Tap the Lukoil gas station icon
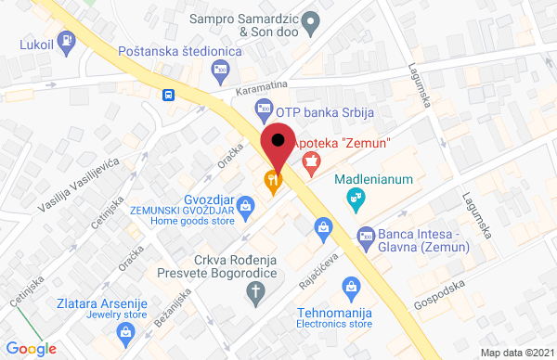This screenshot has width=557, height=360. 68,41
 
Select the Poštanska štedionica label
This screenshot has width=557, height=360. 180,52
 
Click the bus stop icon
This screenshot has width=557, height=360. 168,94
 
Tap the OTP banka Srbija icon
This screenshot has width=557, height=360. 264,110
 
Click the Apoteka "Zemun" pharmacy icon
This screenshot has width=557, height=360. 311,160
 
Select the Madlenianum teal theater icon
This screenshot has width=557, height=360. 354,197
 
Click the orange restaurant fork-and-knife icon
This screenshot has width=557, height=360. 272,182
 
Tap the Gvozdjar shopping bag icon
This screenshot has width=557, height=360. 245,204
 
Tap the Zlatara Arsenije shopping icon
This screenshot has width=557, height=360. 123,330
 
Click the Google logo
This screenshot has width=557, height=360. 32,349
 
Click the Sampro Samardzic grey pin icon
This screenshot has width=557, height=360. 312,19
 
